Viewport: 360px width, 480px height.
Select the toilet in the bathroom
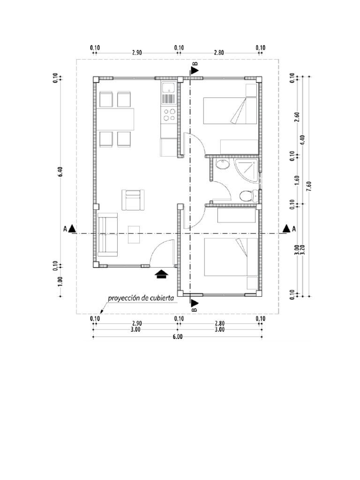pos(247,195)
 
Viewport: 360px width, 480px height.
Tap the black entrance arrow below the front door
pos(161,274)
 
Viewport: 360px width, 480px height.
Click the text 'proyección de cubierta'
pos(141,298)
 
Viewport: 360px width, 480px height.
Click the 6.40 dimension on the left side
pos(60,172)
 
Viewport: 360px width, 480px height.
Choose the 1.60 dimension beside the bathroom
pos(296,180)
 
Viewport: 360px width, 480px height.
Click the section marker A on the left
pos(69,229)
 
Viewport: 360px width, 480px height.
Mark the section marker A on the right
pos(288,229)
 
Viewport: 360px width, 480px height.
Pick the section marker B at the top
pos(195,69)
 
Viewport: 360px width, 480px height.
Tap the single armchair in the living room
pos(133,200)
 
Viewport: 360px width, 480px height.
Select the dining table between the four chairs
pos(116,119)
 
